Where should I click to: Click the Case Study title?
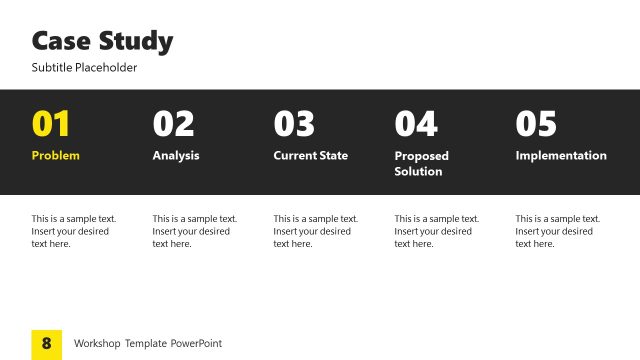pos(102,42)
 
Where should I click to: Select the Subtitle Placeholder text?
pos(84,68)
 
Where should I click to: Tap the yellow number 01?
pos(52,124)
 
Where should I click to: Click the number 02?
pos(173,124)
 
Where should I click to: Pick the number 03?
pos(294,124)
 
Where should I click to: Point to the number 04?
pos(416,124)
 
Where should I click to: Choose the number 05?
pos(536,124)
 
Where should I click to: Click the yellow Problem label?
pos(56,156)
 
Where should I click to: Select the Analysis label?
pos(176,156)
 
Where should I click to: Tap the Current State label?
pos(311,156)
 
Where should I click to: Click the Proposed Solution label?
pos(421,163)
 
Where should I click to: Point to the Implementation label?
pos(561,156)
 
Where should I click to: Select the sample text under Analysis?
pos(194,231)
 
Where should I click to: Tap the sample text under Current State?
pos(315,231)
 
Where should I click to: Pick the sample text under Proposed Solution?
pos(436,231)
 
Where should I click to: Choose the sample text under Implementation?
pos(557,231)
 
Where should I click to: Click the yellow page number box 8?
pos(47,344)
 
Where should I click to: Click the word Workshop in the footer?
pos(97,344)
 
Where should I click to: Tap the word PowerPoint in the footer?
pos(195,344)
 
